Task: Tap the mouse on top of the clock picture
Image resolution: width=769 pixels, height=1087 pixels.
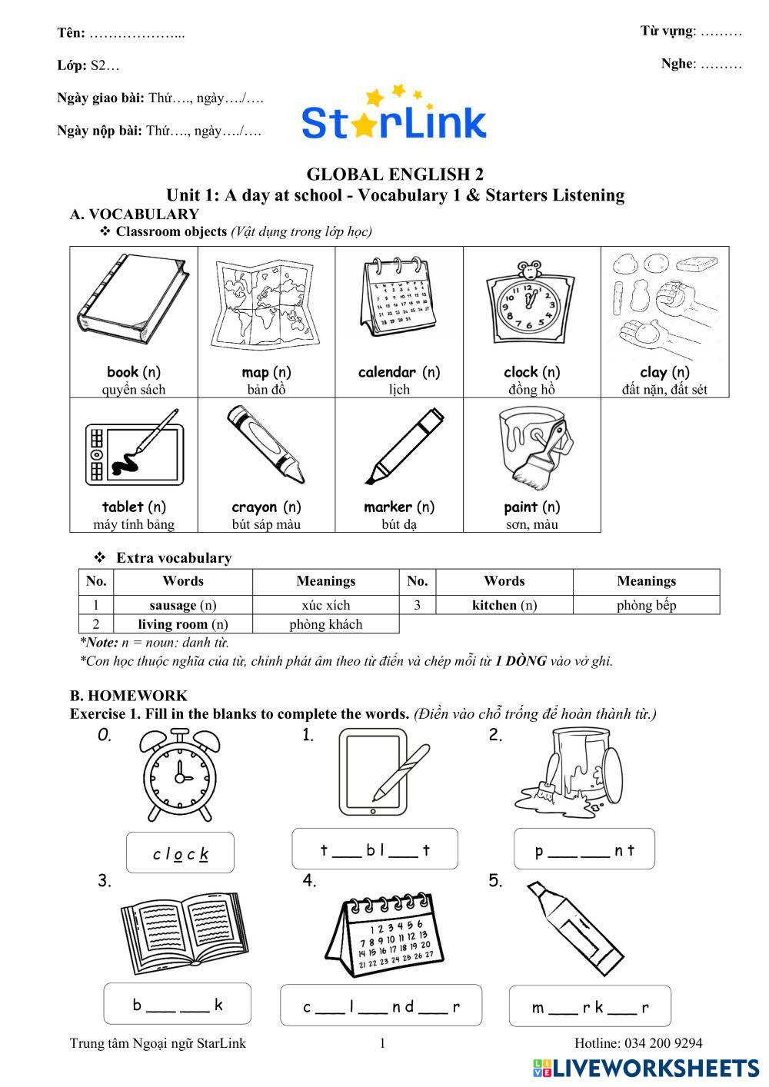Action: click(x=529, y=268)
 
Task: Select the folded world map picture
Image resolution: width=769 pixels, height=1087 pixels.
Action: click(x=265, y=304)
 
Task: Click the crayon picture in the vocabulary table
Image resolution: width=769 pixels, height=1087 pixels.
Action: click(x=266, y=444)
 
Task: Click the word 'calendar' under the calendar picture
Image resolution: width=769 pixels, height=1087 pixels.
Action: click(x=387, y=372)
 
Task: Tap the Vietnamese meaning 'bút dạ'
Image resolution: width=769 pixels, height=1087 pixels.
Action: click(x=398, y=524)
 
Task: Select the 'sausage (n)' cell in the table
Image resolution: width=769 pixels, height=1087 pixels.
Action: click(x=183, y=605)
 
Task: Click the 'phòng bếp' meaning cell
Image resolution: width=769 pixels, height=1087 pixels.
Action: click(x=646, y=605)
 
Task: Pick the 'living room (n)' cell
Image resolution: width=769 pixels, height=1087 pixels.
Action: click(x=183, y=623)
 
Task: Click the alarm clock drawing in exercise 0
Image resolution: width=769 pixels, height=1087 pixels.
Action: click(x=180, y=774)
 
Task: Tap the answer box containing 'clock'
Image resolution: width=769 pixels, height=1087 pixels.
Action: click(x=180, y=852)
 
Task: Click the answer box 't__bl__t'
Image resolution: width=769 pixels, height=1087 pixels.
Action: click(x=375, y=848)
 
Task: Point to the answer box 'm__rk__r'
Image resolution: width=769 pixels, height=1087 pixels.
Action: click(x=590, y=1006)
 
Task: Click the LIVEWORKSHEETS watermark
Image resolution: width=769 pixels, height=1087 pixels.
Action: click(x=646, y=1068)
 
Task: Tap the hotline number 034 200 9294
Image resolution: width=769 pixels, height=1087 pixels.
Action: click(x=663, y=1043)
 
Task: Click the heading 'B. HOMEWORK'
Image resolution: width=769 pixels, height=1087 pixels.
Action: click(x=128, y=696)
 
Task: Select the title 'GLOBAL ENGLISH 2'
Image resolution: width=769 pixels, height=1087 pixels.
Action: click(x=394, y=175)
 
